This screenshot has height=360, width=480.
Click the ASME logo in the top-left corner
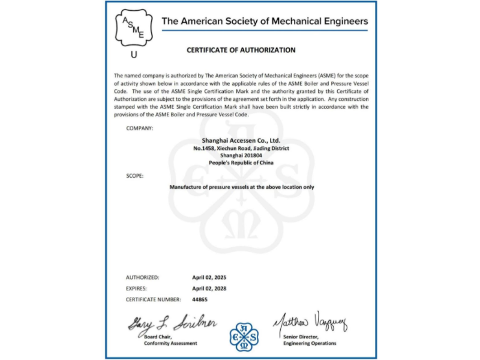[133, 28]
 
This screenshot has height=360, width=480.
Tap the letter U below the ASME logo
[133, 55]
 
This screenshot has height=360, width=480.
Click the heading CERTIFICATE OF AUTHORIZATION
[241, 50]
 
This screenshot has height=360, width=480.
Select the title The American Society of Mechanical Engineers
[265, 22]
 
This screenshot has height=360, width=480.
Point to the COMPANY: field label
[140, 128]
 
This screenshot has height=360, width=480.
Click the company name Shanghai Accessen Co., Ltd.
[241, 141]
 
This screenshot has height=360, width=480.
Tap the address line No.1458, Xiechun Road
[241, 148]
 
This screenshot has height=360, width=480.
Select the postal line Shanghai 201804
[241, 155]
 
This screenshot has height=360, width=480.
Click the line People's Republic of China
[241, 163]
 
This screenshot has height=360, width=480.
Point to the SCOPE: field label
[135, 176]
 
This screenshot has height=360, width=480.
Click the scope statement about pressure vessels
[241, 187]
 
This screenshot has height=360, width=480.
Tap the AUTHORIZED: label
[142, 278]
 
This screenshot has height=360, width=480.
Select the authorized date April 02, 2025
[209, 278]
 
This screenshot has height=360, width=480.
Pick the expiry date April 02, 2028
[209, 288]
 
